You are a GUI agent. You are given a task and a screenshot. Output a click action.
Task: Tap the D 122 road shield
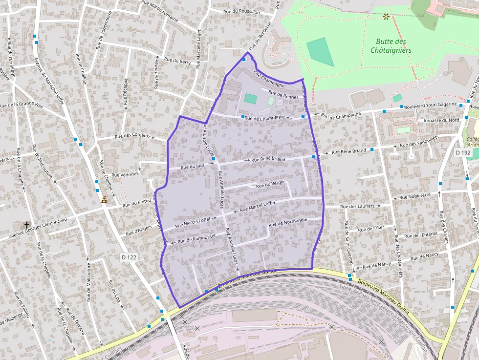129,256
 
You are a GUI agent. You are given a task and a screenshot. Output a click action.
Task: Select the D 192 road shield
462,153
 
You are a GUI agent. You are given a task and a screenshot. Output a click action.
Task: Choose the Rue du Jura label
193,167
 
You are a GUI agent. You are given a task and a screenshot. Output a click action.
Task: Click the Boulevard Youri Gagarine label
431,105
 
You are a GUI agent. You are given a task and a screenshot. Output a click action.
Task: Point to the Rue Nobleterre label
415,196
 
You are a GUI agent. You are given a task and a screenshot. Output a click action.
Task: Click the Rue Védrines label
125,174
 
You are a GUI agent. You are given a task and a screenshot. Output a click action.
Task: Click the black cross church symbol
27,224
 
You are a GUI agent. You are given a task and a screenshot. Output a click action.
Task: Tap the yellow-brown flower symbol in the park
386,17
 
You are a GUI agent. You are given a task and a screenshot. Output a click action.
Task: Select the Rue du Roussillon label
241,11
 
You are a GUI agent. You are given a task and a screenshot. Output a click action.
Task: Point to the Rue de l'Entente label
418,234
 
